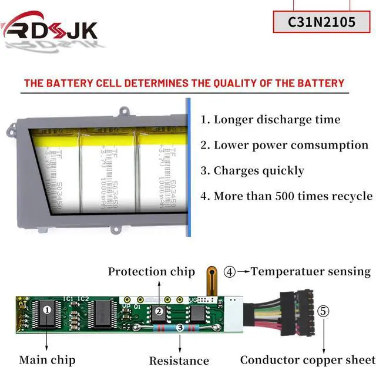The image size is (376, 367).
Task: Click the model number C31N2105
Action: pyautogui.click(x=322, y=22)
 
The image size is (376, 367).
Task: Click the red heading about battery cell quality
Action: pyautogui.click(x=184, y=83)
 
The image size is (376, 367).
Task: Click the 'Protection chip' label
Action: pyautogui.click(x=151, y=271)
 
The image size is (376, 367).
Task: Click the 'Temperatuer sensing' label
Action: pyautogui.click(x=311, y=271)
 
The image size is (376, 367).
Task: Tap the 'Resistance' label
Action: pyautogui.click(x=179, y=361)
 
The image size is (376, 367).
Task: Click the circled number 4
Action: pyautogui.click(x=230, y=272)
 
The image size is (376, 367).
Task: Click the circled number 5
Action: pyautogui.click(x=324, y=310)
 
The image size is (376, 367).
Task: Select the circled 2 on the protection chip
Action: pyautogui.click(x=158, y=312)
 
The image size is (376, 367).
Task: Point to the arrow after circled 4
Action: pyautogui.click(x=244, y=272)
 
